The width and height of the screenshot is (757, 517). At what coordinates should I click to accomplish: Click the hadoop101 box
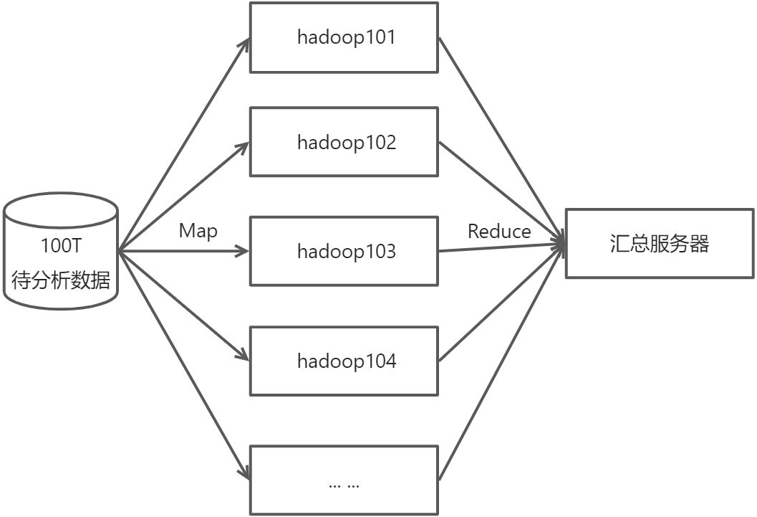tap(344, 37)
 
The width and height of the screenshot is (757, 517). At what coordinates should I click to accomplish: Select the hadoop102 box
tap(344, 142)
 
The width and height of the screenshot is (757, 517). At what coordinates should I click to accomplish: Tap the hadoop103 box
tap(344, 252)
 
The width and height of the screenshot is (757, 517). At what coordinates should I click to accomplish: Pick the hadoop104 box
tap(344, 361)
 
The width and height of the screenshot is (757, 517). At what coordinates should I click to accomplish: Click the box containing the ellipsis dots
tap(344, 480)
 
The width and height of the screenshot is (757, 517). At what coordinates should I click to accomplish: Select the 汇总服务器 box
tap(660, 244)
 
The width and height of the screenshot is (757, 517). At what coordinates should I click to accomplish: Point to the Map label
tap(198, 231)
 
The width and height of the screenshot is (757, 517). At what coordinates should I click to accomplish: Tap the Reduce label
tap(499, 231)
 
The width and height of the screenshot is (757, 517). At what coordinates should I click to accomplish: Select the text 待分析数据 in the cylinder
tap(61, 280)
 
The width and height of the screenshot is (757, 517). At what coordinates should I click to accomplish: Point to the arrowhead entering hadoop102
tap(244, 146)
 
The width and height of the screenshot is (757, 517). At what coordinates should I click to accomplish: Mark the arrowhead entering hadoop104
tap(244, 356)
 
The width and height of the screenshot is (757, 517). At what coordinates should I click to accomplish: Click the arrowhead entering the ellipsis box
tap(244, 473)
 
